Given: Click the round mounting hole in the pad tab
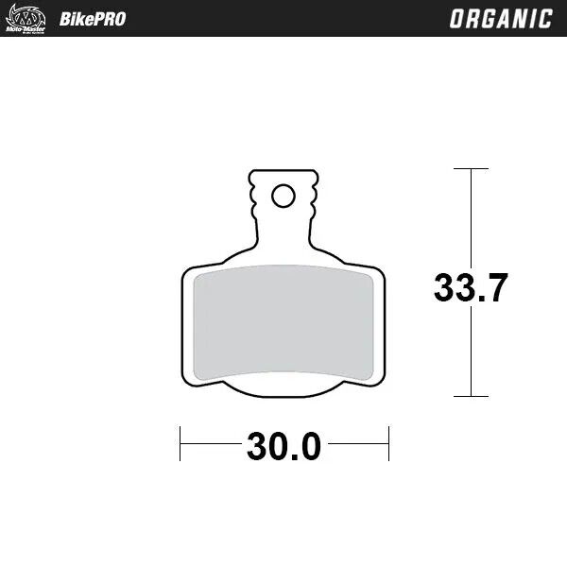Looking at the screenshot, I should (283, 196).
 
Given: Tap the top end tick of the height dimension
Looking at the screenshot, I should (471, 169).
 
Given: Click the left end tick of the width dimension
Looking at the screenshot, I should (180, 444).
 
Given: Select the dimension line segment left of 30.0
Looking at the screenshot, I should (211, 444).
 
